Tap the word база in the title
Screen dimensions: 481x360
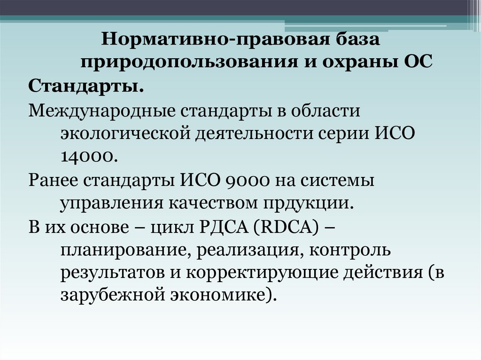point(357,39)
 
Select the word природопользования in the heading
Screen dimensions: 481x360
point(189,61)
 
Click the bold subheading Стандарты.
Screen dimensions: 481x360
point(86,87)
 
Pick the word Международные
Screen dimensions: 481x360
point(101,111)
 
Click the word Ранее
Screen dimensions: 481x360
point(53,180)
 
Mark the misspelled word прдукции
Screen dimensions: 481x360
point(307,204)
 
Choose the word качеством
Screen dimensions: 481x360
point(213,203)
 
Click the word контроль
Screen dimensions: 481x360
point(350,250)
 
